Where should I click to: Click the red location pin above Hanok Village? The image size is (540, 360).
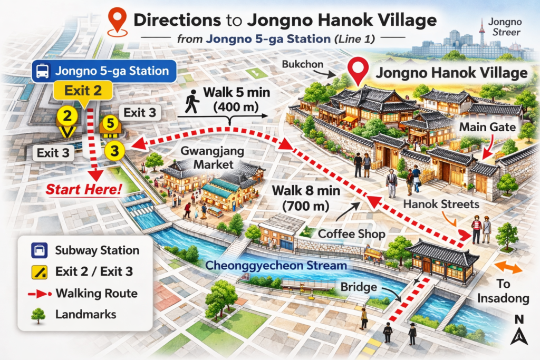tap(359, 71)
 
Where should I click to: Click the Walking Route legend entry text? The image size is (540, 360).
tap(96, 293)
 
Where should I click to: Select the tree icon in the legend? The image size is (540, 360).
tap(37, 315)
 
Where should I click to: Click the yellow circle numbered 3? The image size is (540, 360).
tap(114, 151)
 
